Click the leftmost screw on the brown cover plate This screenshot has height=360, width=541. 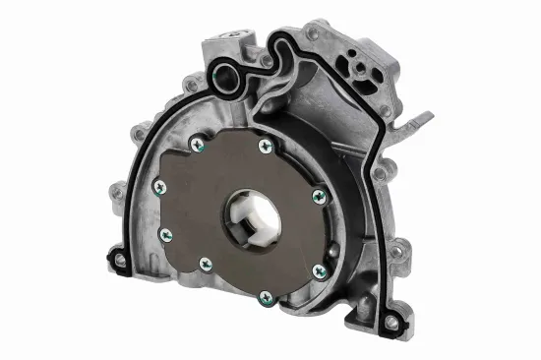coord(155,188)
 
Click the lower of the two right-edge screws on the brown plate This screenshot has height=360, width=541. coord(317,270)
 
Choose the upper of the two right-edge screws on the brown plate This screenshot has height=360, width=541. coord(318,197)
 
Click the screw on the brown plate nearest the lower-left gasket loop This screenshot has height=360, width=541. coord(165,234)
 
